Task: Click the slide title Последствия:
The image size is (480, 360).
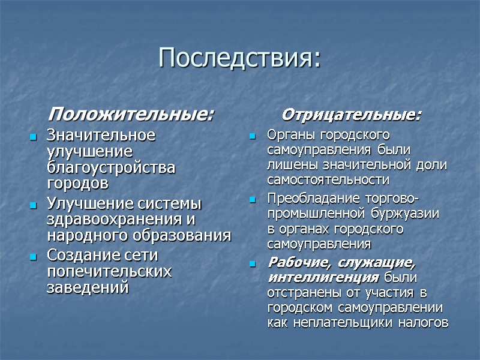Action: (240, 58)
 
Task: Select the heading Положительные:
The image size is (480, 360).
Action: (131, 113)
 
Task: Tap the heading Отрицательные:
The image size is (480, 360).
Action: (352, 114)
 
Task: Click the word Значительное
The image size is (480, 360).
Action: (100, 135)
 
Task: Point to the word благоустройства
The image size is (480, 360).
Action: (111, 168)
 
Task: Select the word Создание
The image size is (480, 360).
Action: (84, 256)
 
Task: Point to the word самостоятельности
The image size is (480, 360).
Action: (328, 179)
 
